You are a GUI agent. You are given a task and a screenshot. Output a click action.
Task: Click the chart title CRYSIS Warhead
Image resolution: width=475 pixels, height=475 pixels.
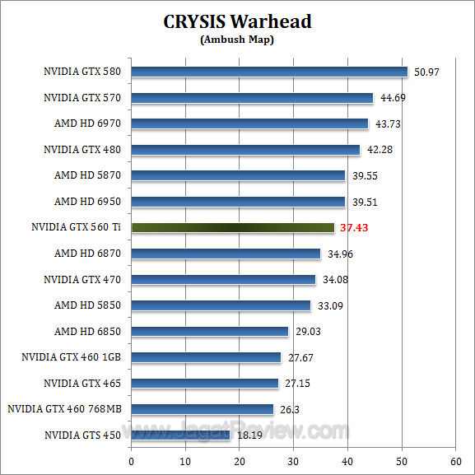tap(237, 21)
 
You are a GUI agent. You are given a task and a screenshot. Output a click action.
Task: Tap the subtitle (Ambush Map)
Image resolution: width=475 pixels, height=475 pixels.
tap(237, 39)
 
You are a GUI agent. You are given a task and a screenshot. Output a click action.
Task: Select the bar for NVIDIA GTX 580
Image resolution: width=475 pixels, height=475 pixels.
tap(269, 72)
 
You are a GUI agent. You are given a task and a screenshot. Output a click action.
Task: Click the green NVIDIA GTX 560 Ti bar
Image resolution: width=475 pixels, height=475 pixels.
tap(233, 227)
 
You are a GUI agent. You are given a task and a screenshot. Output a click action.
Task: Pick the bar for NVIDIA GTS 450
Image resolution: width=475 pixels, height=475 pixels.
tap(180, 435)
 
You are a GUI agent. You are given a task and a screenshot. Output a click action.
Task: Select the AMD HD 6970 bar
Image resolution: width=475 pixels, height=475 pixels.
tap(249, 123)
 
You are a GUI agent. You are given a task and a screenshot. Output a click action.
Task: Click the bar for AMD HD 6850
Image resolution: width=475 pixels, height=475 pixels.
tap(210, 331)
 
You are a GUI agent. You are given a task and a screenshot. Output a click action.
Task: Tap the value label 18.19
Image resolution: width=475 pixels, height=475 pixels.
tap(248, 435)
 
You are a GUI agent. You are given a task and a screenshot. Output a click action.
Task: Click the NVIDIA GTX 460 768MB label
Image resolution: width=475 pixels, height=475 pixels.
tap(64, 409)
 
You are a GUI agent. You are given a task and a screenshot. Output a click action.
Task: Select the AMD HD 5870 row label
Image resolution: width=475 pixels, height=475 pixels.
tap(87, 175)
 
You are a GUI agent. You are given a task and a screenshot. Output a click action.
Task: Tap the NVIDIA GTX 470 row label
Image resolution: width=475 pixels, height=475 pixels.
tap(82, 280)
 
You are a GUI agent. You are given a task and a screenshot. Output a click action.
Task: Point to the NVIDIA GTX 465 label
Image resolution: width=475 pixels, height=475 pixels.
tap(82, 384)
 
